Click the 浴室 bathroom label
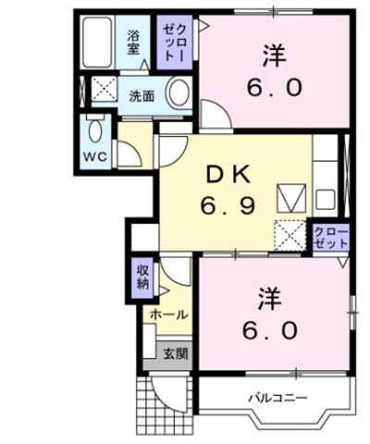(x=133, y=43)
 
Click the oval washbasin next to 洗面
(x=180, y=93)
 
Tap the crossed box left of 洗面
(x=100, y=92)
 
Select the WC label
(x=95, y=154)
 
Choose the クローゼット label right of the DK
(x=331, y=236)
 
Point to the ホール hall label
(x=169, y=314)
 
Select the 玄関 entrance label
(x=175, y=353)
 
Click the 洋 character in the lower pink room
(x=269, y=298)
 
